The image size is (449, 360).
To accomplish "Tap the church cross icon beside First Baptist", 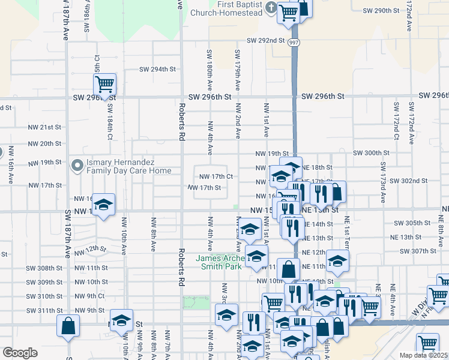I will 271,8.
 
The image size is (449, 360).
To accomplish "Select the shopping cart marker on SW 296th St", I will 105,85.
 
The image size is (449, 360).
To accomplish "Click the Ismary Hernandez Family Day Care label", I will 128,166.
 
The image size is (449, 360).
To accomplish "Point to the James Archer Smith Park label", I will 219,263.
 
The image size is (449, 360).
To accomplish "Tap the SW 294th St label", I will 157,69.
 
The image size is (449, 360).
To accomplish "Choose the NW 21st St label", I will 44,127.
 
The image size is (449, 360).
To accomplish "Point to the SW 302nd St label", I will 408,181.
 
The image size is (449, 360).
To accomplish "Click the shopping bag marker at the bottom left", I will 68,326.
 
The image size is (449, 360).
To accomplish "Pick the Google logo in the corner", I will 20,353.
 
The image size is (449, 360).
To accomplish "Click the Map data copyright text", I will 424,355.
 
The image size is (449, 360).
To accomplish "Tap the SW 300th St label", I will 372,154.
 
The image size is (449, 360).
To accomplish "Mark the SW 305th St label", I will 412,223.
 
